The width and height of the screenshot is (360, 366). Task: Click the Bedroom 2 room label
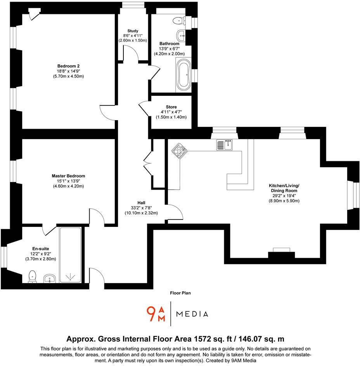68,66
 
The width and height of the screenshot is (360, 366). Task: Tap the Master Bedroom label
68,176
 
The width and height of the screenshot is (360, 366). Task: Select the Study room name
133,31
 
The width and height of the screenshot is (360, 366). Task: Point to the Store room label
171,107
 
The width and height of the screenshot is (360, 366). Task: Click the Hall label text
141,202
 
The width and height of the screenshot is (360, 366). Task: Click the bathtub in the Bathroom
183,74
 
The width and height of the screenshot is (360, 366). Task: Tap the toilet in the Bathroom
179,20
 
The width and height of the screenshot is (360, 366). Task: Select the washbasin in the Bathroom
182,36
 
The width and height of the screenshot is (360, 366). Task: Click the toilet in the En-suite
33,276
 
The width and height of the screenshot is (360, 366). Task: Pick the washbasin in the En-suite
49,278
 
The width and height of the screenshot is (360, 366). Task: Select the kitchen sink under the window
224,145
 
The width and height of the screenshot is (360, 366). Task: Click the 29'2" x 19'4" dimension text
283,196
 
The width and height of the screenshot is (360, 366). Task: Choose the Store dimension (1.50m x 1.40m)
171,117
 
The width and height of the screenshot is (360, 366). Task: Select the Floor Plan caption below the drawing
180,293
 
